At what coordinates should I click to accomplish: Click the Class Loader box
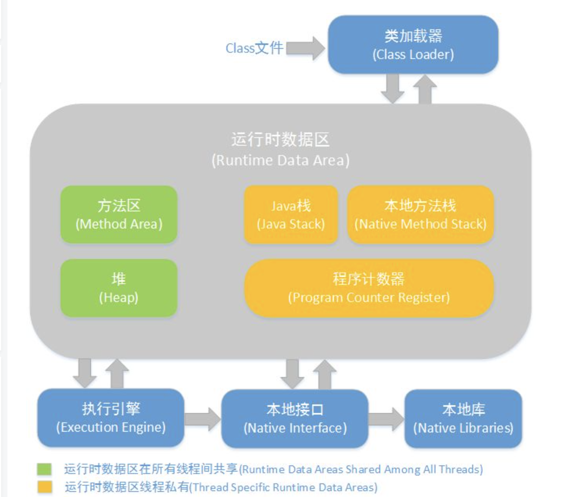click(413, 45)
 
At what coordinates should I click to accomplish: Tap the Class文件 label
click(254, 48)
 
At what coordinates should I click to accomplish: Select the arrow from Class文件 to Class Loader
click(305, 48)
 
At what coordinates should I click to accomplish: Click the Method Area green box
click(119, 215)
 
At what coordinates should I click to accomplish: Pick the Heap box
click(119, 288)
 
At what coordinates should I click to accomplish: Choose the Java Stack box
click(291, 215)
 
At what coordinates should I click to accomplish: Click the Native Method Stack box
click(420, 215)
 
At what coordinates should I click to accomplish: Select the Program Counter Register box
click(369, 288)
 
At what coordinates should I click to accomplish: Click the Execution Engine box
click(111, 418)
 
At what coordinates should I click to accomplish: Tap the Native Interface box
click(295, 418)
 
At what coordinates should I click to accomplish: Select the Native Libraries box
click(463, 418)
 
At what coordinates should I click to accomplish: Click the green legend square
click(44, 469)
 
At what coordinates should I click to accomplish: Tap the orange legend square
click(44, 487)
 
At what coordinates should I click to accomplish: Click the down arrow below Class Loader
click(392, 89)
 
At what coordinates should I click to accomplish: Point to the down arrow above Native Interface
click(292, 374)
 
